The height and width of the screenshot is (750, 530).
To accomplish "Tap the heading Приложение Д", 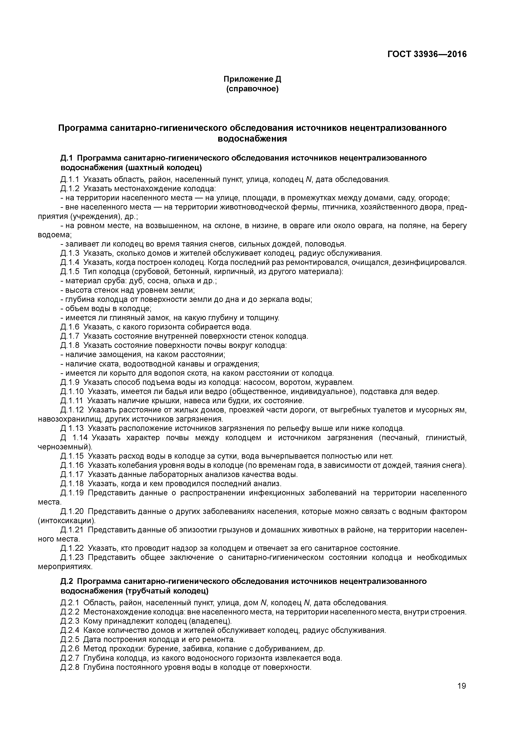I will click(252, 79).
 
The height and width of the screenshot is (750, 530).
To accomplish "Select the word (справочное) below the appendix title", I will click(252, 89).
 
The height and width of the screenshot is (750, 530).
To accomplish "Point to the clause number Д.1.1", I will click(70, 179).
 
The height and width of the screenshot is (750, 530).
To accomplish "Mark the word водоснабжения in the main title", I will click(252, 139).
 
